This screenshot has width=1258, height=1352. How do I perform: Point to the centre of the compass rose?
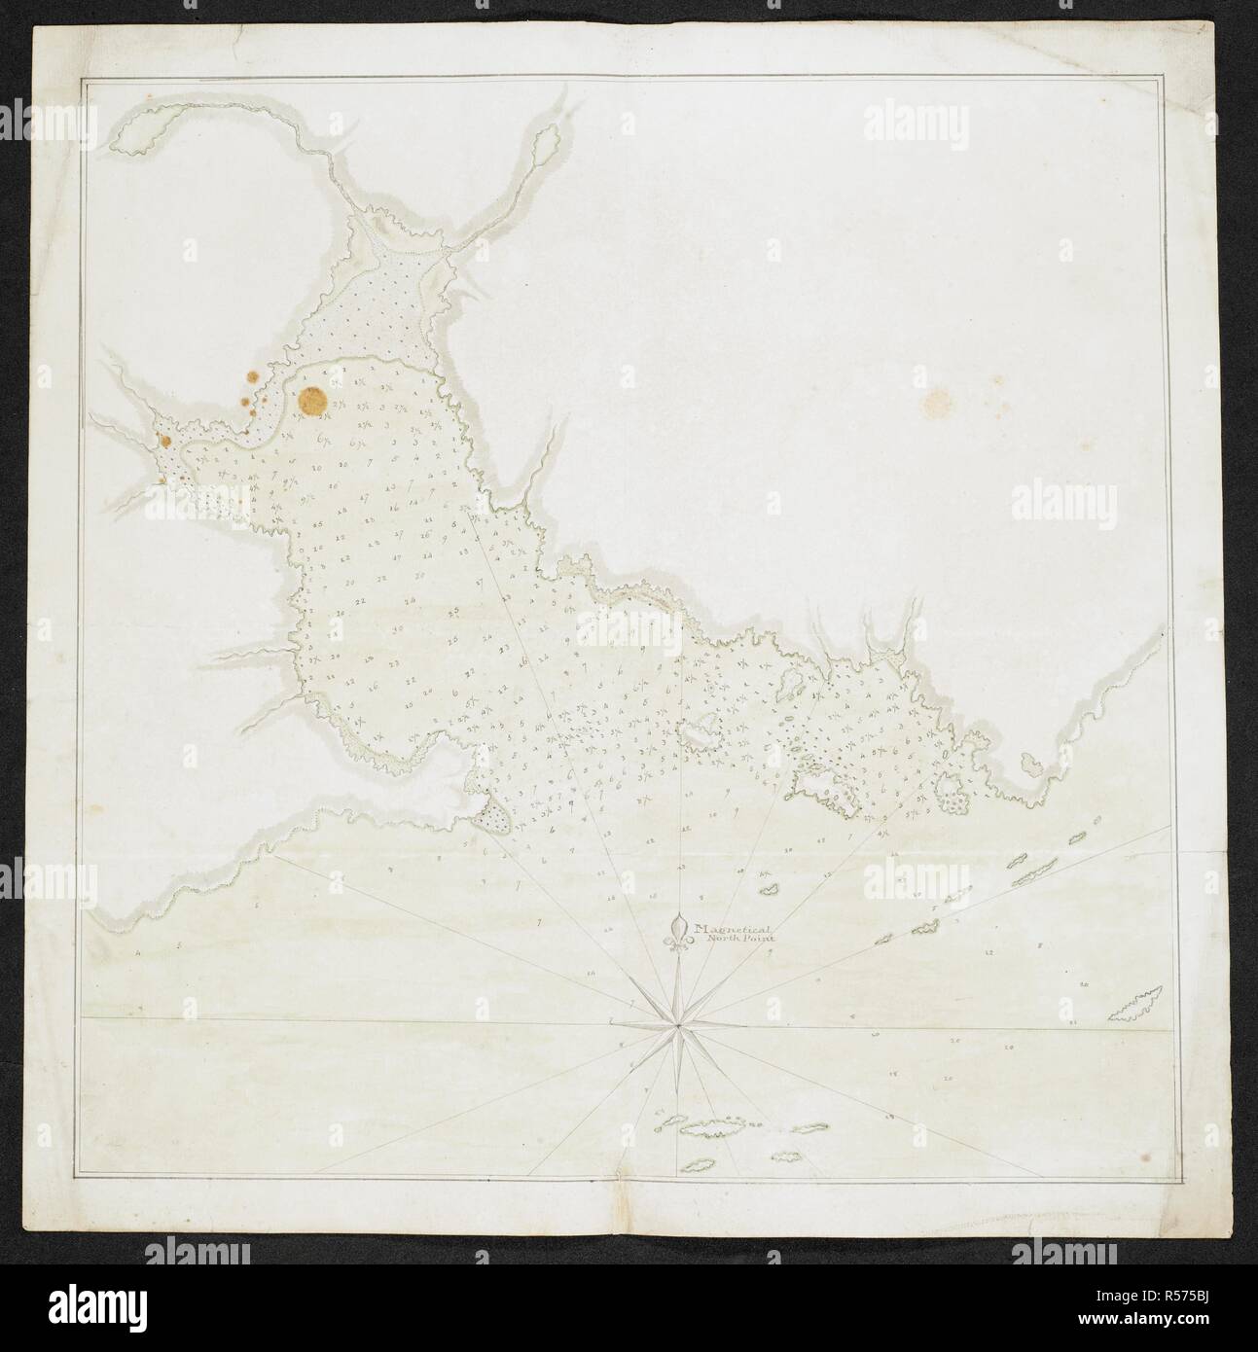point(675,1025)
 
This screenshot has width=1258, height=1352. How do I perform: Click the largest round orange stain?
point(312,400)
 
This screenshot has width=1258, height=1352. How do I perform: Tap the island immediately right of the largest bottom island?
point(808,1128)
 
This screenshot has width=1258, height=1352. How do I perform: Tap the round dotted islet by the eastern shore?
point(953,801)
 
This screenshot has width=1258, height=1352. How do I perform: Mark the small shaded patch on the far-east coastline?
point(1031,766)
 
